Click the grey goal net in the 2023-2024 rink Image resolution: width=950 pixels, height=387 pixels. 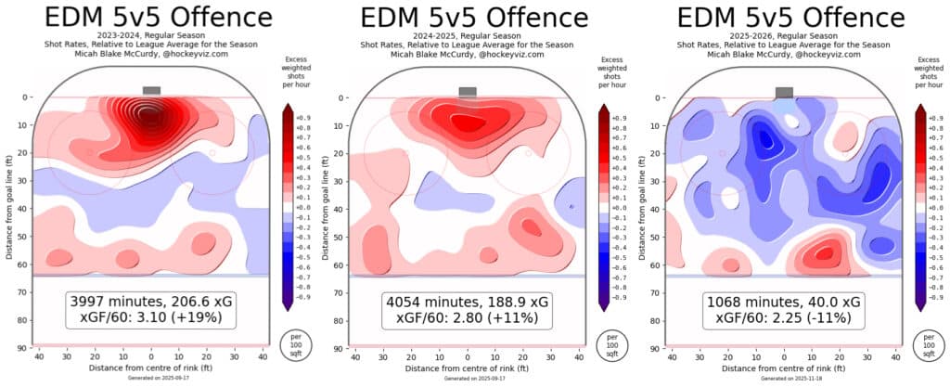[x=151, y=91]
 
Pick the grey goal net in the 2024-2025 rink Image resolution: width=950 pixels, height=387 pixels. [x=468, y=92]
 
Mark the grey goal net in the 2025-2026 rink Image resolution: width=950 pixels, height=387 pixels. [x=784, y=92]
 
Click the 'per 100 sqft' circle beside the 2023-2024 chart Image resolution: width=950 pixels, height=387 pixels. [x=291, y=344]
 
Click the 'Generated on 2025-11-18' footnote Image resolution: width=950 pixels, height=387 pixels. [x=784, y=379]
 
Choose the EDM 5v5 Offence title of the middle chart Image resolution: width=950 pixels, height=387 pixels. [x=469, y=16]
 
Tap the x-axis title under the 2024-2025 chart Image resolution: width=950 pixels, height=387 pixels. [x=469, y=368]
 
